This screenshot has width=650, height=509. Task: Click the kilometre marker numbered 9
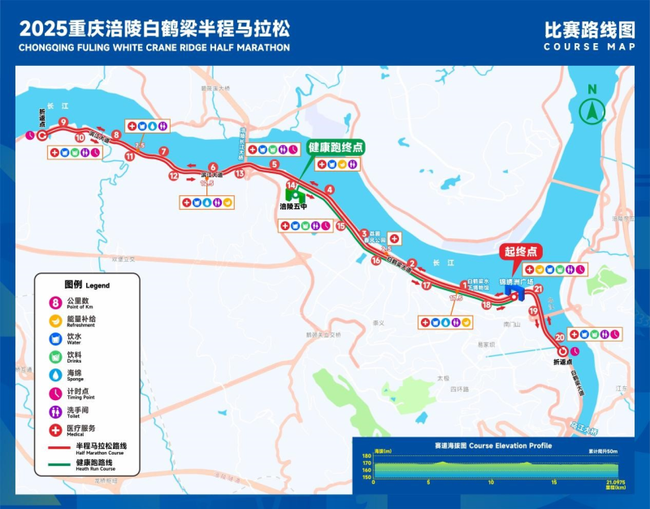click(63, 123)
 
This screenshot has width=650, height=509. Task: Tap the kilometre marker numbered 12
click(173, 176)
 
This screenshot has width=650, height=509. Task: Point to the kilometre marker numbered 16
click(376, 261)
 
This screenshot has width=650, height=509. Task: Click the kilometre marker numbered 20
click(560, 337)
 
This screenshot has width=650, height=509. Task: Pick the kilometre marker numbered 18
click(487, 305)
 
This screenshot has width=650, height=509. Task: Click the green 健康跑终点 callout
click(335, 147)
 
